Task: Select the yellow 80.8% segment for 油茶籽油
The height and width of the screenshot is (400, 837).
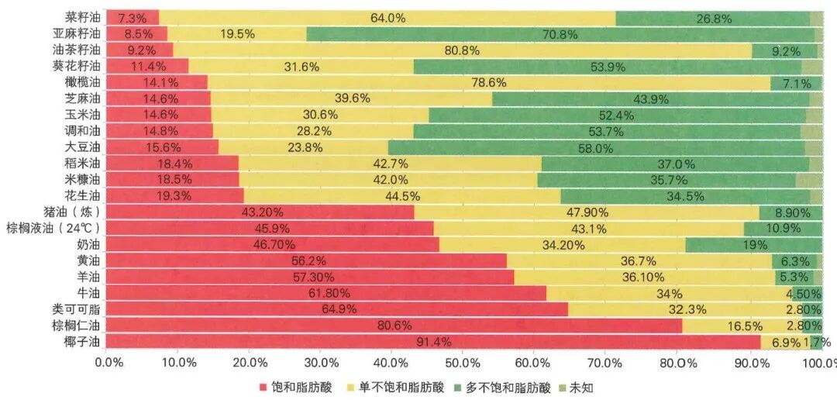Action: coord(462,50)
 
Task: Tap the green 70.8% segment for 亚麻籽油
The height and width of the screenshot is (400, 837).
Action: coord(560,33)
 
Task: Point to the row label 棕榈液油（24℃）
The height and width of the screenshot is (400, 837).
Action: coord(57,228)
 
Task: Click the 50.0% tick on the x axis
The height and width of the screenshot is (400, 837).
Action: coord(462,362)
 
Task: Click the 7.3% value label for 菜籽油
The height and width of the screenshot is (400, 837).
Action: coord(132,17)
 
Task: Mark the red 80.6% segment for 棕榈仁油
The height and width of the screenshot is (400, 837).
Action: coord(394,325)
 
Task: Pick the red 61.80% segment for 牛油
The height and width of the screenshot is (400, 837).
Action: coord(325,293)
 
